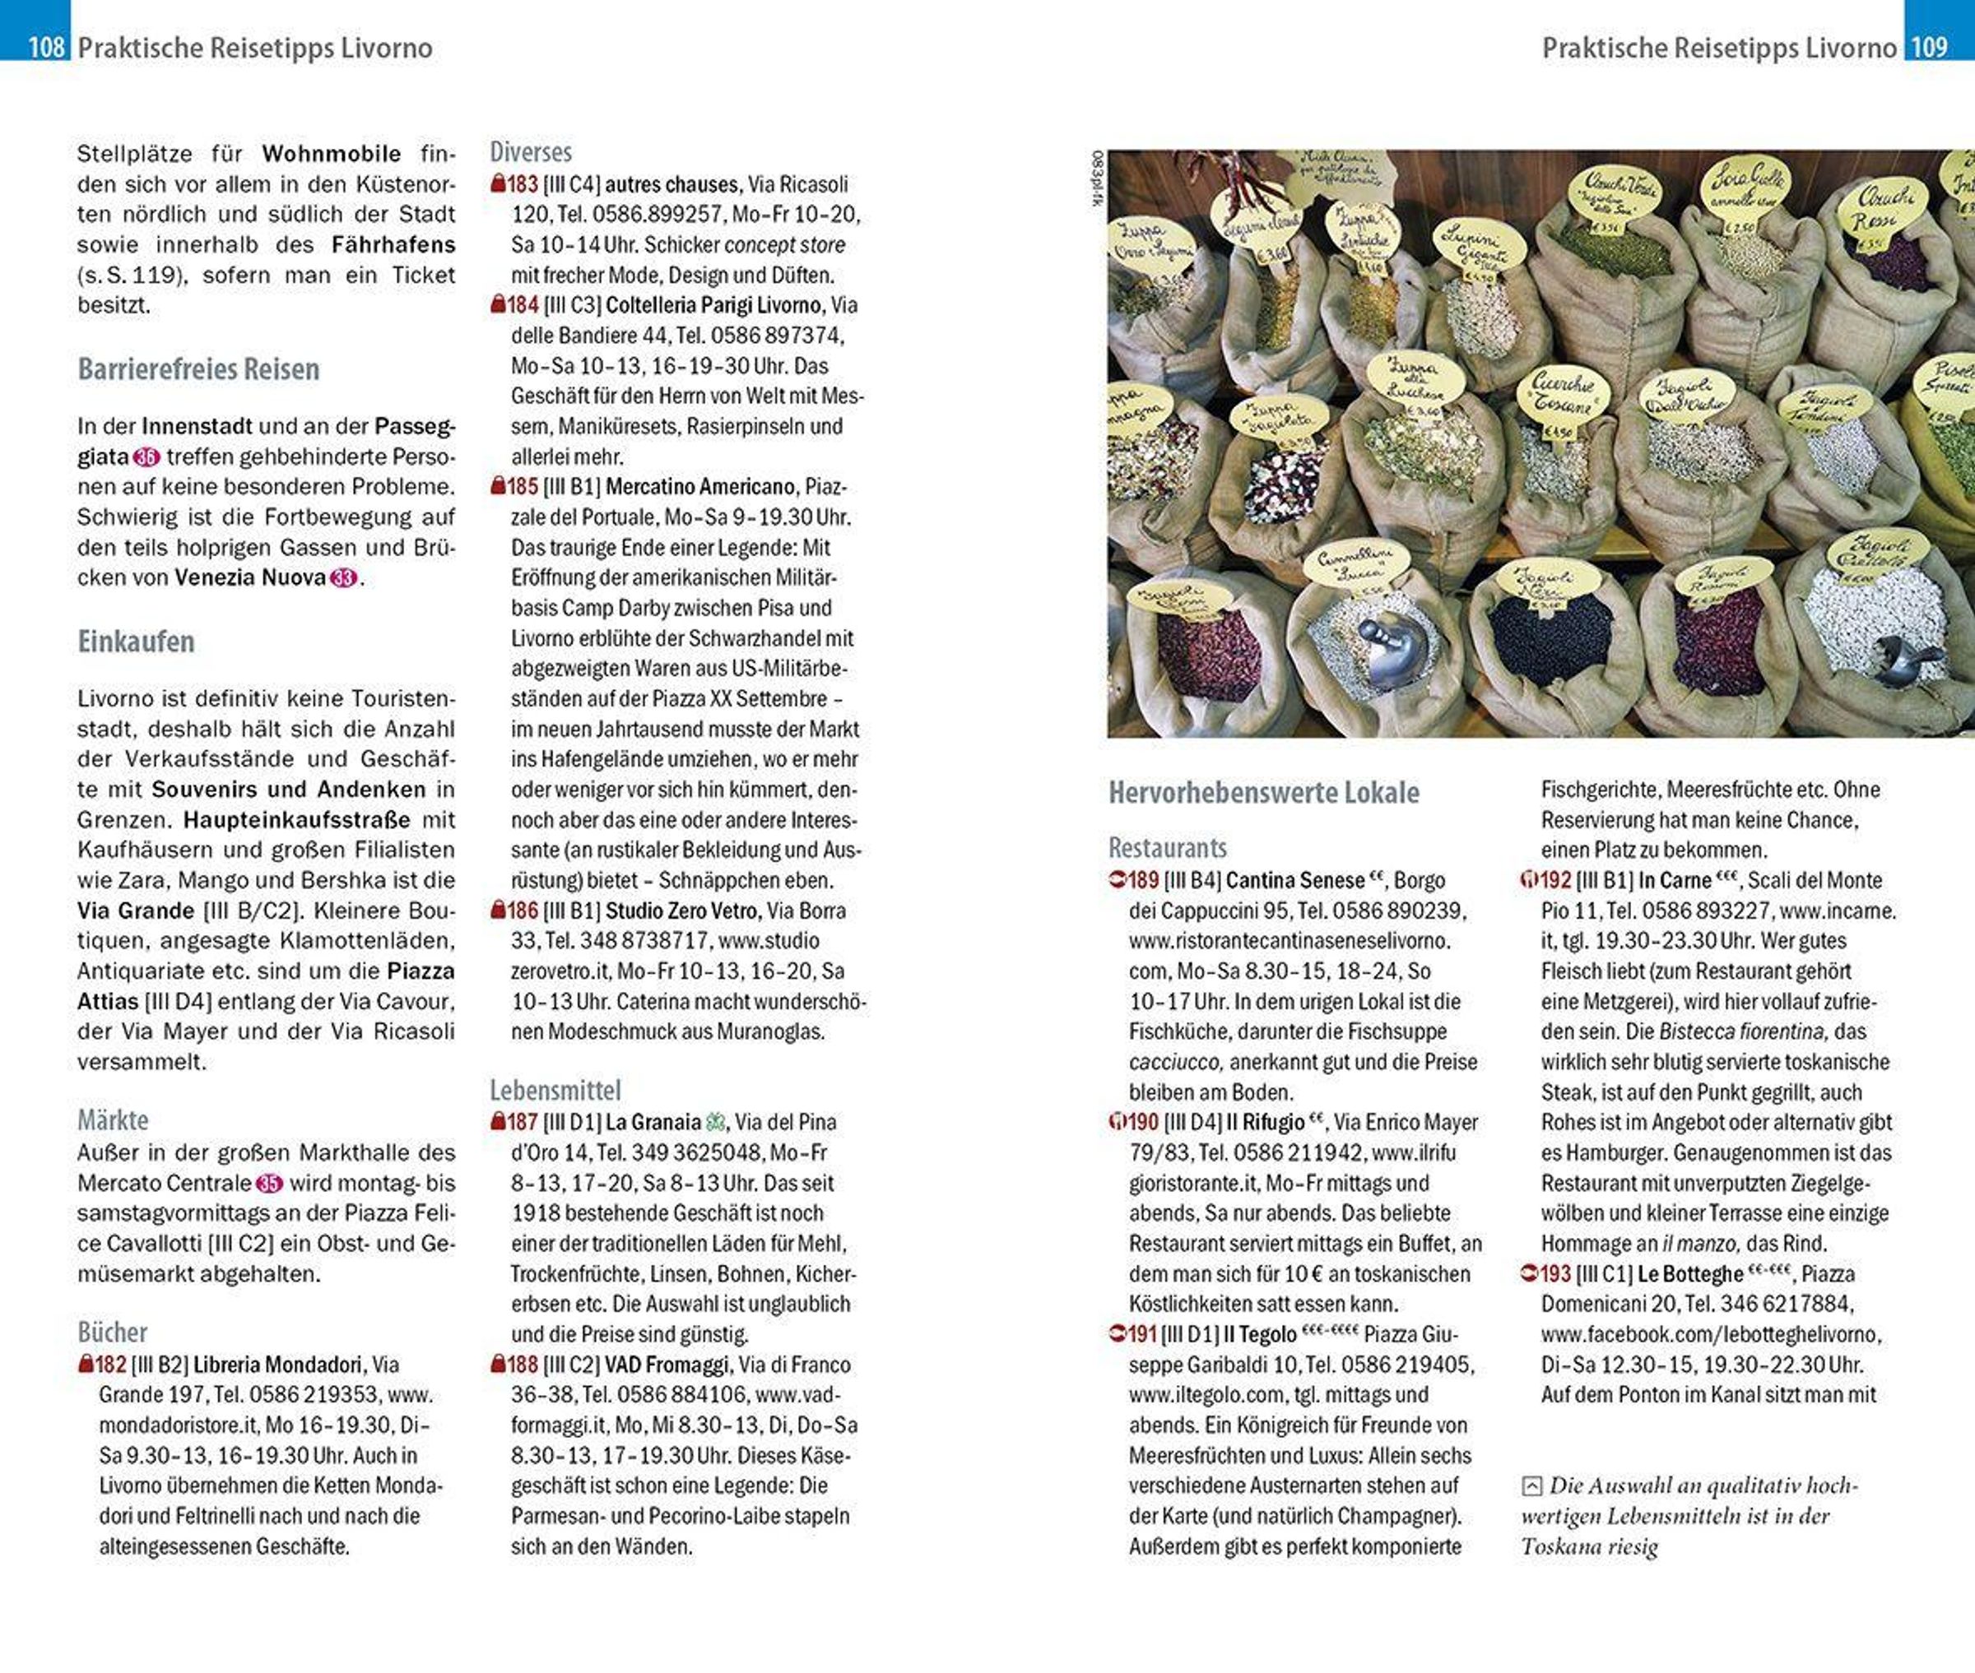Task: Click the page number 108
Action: click(x=45, y=46)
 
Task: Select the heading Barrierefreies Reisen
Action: click(x=198, y=369)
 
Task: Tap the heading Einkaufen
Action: click(x=136, y=642)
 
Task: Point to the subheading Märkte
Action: click(x=113, y=1120)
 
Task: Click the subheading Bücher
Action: click(x=112, y=1332)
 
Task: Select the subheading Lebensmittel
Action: click(x=555, y=1090)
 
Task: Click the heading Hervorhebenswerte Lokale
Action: click(x=1263, y=793)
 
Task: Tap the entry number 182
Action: click(x=110, y=1364)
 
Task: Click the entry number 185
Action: click(x=522, y=487)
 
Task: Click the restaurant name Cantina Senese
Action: click(x=1294, y=880)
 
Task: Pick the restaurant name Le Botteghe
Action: click(x=1689, y=1274)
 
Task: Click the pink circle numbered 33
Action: click(x=343, y=577)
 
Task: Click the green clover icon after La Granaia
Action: click(x=715, y=1122)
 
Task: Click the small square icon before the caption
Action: click(x=1531, y=1485)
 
